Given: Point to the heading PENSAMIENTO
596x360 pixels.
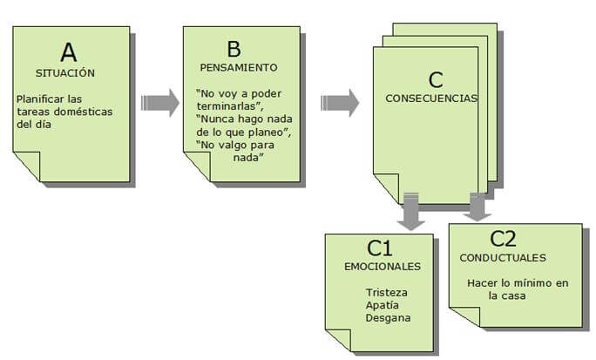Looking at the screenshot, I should coord(238,67).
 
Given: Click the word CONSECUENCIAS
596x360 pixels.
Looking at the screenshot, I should coord(431,98).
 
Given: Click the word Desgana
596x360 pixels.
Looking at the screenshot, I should coord(388,318).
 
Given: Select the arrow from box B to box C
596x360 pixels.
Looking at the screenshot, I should coord(340,102).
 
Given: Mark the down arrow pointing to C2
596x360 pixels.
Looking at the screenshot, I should coord(475,207).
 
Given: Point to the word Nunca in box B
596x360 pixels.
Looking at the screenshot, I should coord(219,118).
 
